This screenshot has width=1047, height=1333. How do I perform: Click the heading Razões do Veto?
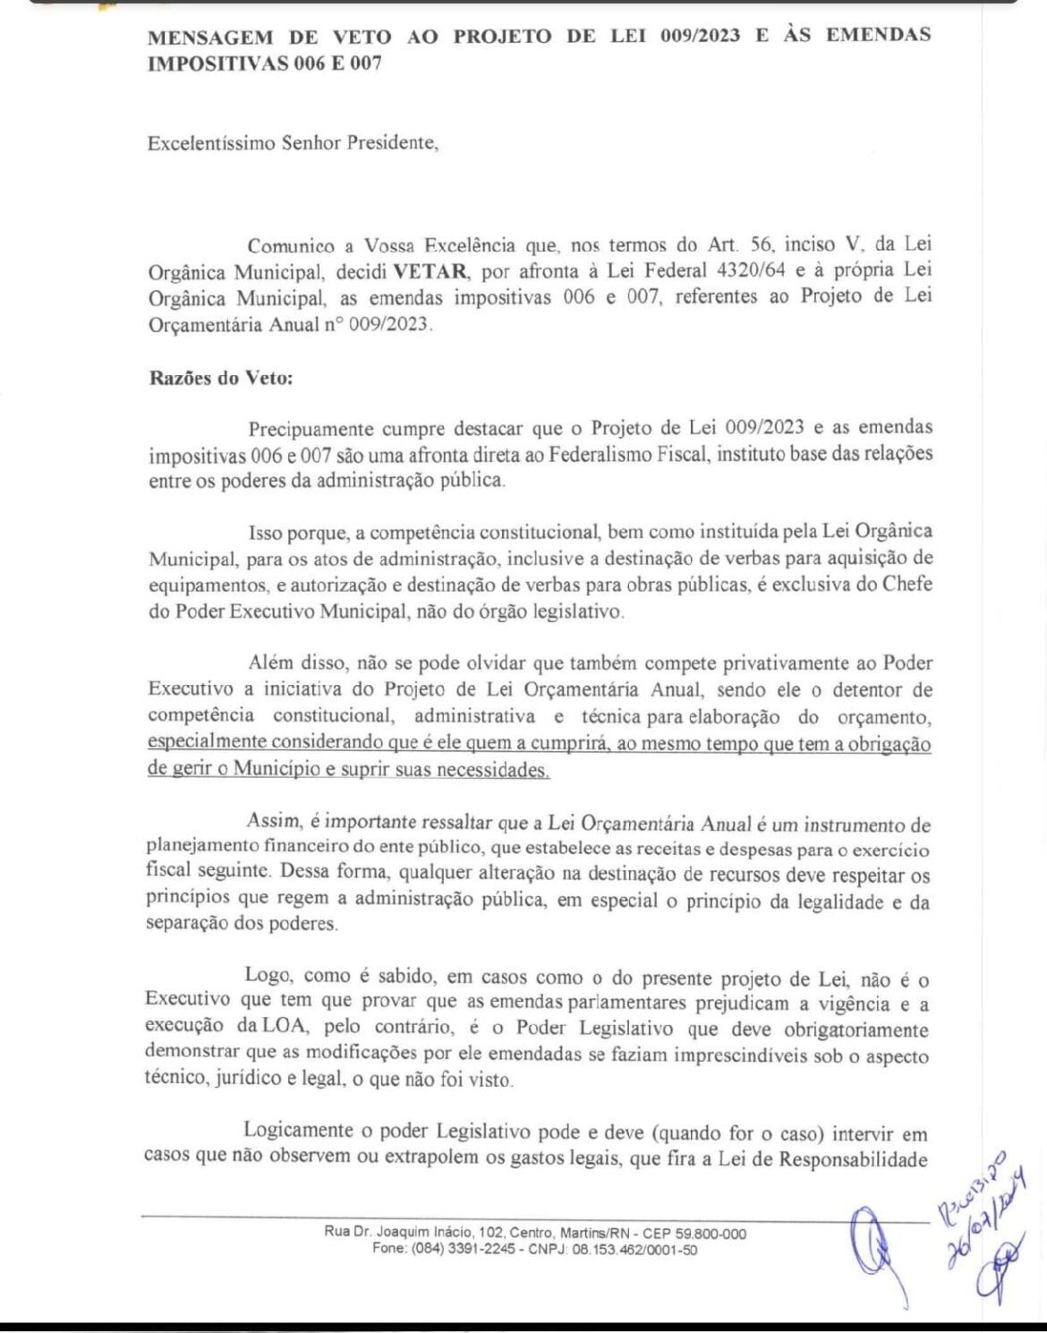click(x=221, y=378)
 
